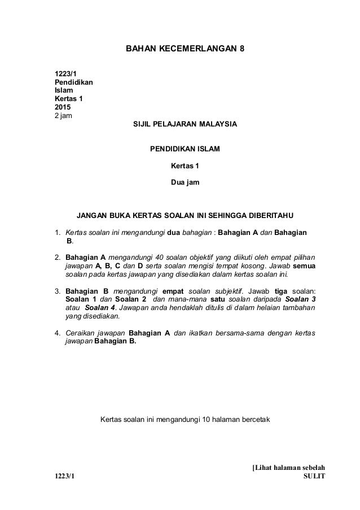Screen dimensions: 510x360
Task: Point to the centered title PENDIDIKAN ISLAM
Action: click(x=185, y=150)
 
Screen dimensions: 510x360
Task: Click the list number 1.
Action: click(x=57, y=232)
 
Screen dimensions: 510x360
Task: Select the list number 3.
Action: click(x=57, y=291)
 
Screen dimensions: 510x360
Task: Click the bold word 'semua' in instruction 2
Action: click(x=305, y=265)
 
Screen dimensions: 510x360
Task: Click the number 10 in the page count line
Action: click(x=207, y=420)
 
